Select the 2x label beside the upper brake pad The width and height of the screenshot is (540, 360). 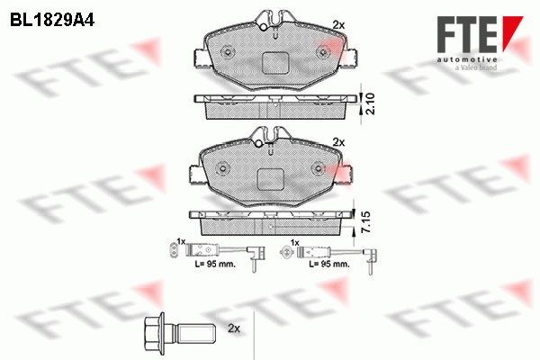tap(338, 24)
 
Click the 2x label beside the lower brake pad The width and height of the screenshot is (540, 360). tap(338, 142)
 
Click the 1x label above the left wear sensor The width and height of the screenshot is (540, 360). tap(180, 242)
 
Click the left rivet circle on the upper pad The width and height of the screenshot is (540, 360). tap(226, 49)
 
